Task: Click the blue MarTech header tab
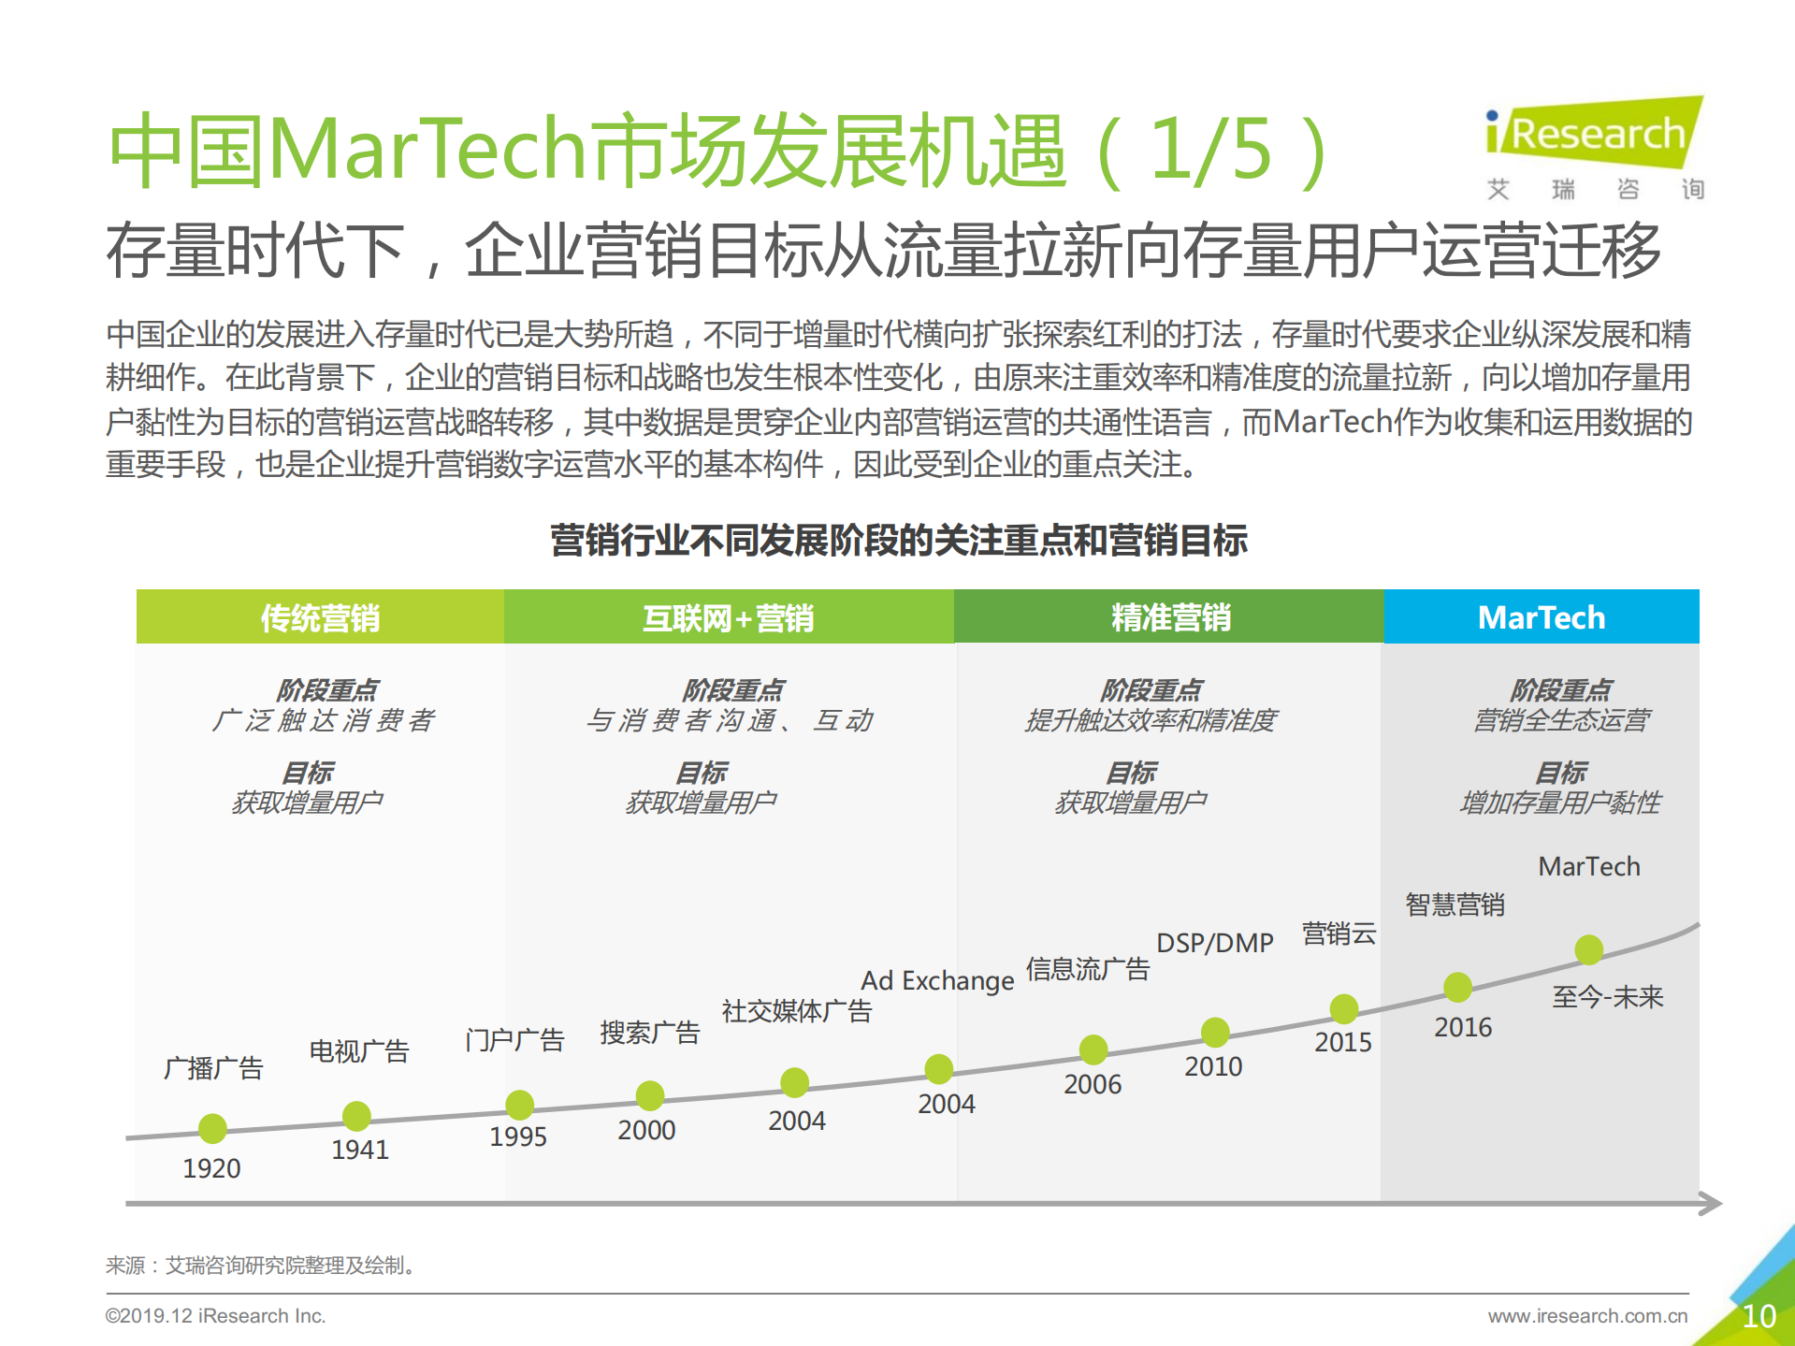pos(1542,617)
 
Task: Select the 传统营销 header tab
pos(320,617)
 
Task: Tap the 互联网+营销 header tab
pos(728,617)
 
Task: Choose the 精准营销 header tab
pos(1169,617)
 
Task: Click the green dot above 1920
pos(212,1128)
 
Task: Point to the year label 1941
pos(360,1150)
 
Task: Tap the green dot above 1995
pos(519,1105)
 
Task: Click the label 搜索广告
pos(650,1033)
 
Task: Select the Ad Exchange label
pos(937,980)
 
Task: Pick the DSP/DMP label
pos(1215,943)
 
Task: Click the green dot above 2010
pos(1215,1032)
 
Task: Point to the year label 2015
pos(1343,1042)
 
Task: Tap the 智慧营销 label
pos(1455,905)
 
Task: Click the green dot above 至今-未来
pos(1588,949)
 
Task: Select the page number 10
pos(1759,1316)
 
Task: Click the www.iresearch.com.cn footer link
pos(1587,1316)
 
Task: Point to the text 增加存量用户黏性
pos(1560,803)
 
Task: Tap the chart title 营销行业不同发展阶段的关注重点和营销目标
pos(898,541)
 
